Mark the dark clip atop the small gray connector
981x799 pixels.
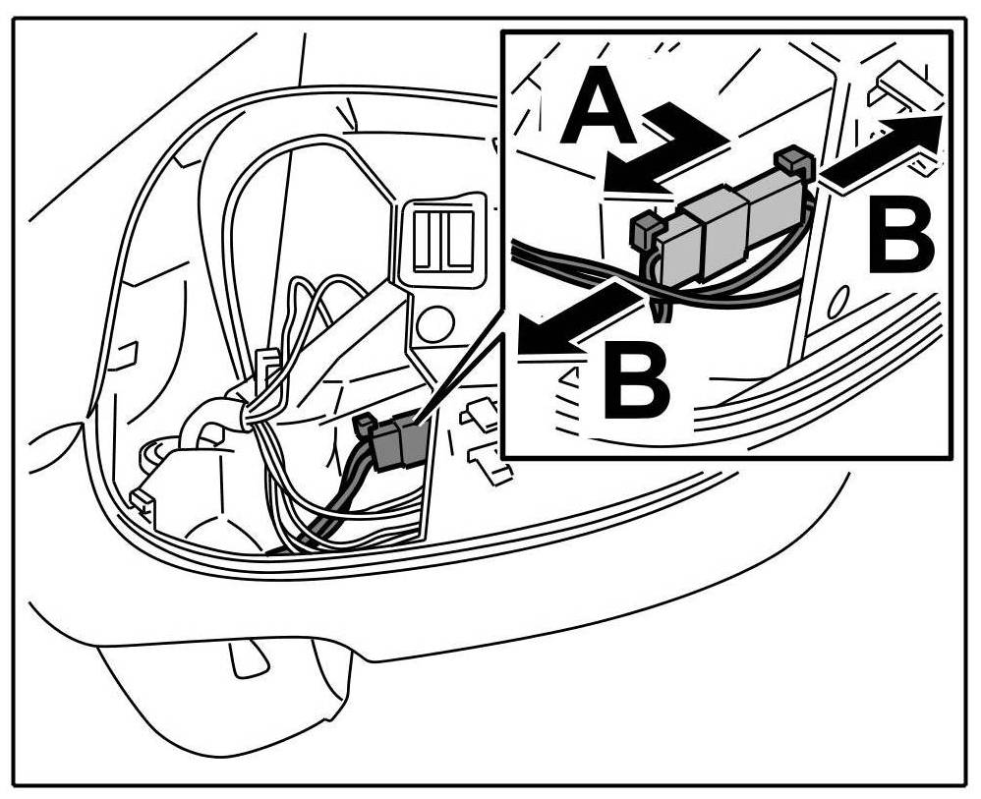pyautogui.click(x=364, y=424)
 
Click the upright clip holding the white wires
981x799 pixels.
pyautogui.click(x=264, y=369)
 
